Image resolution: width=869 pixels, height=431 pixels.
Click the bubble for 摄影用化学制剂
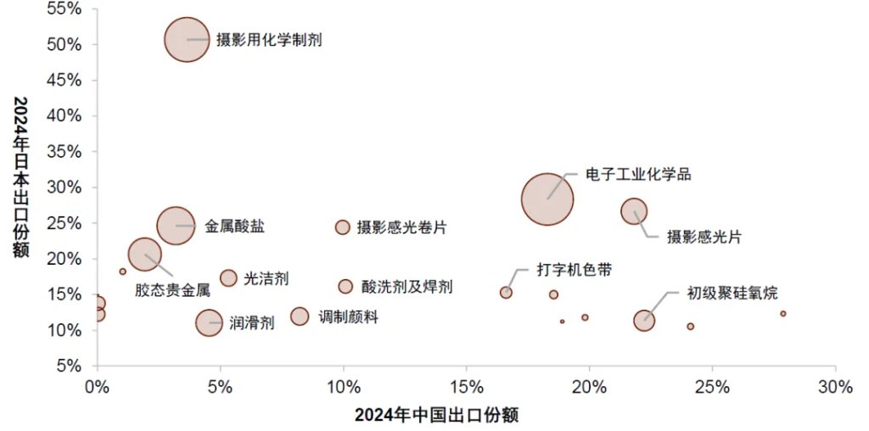187,40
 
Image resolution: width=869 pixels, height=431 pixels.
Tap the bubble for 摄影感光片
634,211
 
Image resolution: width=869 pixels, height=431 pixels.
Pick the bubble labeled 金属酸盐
174,226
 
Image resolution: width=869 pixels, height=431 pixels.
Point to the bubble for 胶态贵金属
145,254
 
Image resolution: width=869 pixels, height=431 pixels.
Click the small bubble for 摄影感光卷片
343,227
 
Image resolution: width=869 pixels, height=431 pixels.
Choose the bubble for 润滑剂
209,322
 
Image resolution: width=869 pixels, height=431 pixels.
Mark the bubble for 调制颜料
300,316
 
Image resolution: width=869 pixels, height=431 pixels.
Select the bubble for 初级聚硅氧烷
644,321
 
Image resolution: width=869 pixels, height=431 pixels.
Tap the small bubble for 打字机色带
506,293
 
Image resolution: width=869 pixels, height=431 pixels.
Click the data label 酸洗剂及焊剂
406,287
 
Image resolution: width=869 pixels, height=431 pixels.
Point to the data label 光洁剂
266,278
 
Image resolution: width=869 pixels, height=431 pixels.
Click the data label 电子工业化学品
639,175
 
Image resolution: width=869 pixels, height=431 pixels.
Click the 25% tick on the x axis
712,387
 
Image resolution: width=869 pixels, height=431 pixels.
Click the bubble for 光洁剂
228,278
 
